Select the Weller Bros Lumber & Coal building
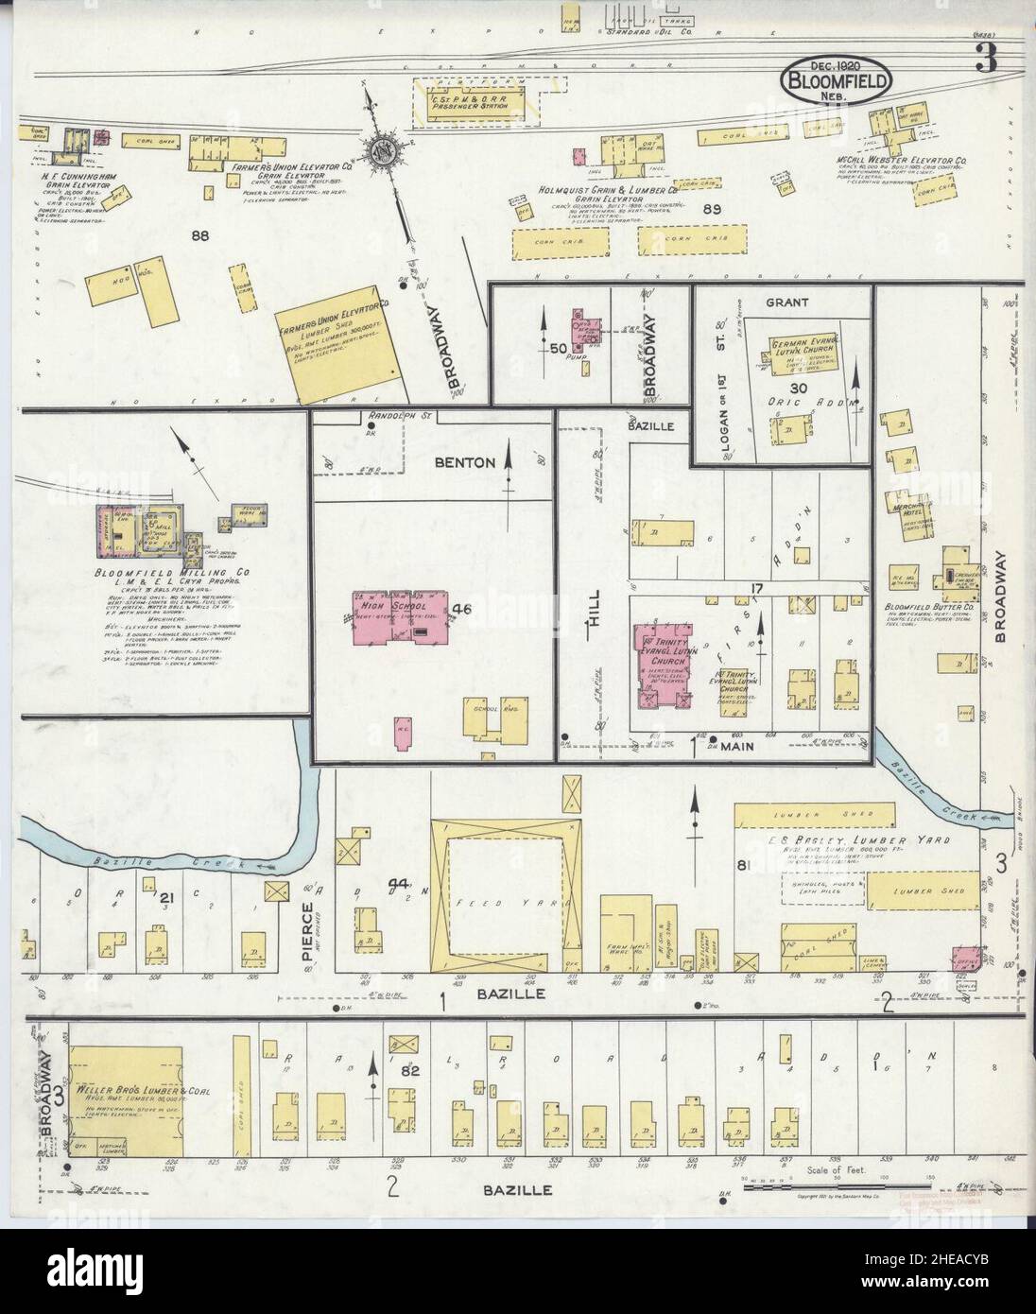[x=128, y=1099]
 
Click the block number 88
[x=199, y=235]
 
